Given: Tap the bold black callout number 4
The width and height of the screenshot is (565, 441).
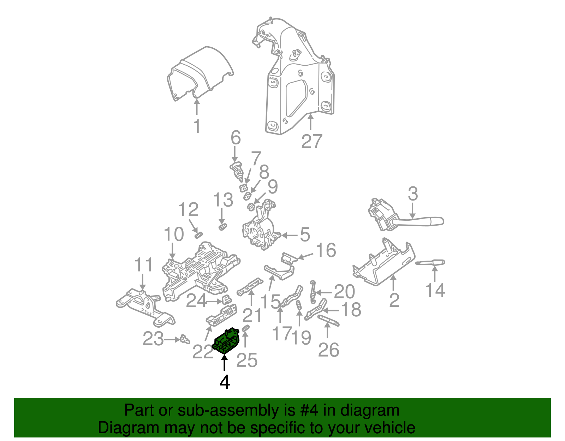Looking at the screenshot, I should pyautogui.click(x=225, y=382).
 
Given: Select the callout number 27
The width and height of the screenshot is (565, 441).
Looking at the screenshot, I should pyautogui.click(x=312, y=141).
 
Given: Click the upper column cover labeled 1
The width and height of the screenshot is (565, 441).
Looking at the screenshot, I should pyautogui.click(x=200, y=74).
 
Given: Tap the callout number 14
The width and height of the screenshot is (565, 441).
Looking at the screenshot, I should pyautogui.click(x=435, y=290).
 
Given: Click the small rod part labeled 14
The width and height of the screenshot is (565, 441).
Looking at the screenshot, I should pyautogui.click(x=430, y=263).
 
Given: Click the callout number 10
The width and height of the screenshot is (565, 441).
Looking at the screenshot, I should pyautogui.click(x=174, y=234).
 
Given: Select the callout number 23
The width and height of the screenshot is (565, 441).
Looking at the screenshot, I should pyautogui.click(x=153, y=339).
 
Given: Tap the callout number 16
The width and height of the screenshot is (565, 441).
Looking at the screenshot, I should pyautogui.click(x=326, y=250).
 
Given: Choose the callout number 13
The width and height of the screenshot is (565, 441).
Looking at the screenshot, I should pyautogui.click(x=223, y=200).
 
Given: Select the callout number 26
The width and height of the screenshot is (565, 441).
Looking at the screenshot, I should pyautogui.click(x=328, y=350).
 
